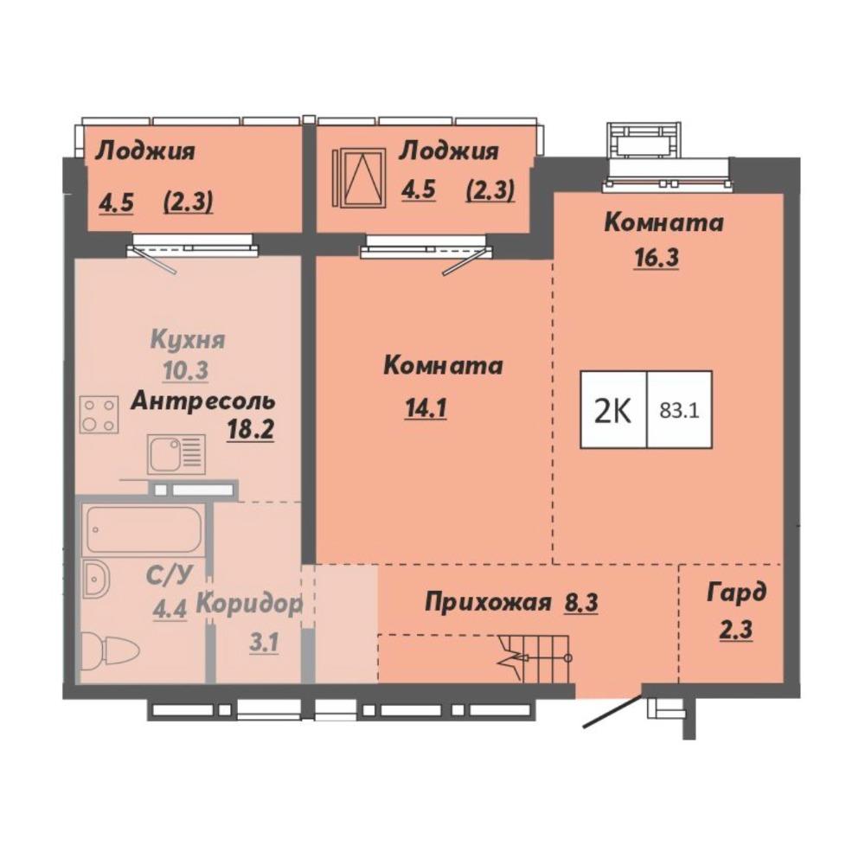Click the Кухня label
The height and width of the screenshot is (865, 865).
188,340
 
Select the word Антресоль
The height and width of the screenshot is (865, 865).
202,401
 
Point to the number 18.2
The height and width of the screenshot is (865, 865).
251,429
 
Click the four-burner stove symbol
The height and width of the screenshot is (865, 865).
99,414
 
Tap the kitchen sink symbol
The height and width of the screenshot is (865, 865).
176,454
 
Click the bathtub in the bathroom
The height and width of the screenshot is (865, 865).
143,529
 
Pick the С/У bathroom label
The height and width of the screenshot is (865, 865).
170,576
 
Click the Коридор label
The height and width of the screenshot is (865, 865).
250,605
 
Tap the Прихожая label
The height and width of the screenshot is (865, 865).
488,602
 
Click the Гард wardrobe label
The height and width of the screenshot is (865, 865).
737,593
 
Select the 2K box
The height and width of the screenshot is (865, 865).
613,409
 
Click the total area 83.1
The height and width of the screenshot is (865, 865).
680,410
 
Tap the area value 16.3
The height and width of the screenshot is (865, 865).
657,258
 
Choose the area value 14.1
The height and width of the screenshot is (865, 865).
426,409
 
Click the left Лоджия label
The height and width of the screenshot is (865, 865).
145,151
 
